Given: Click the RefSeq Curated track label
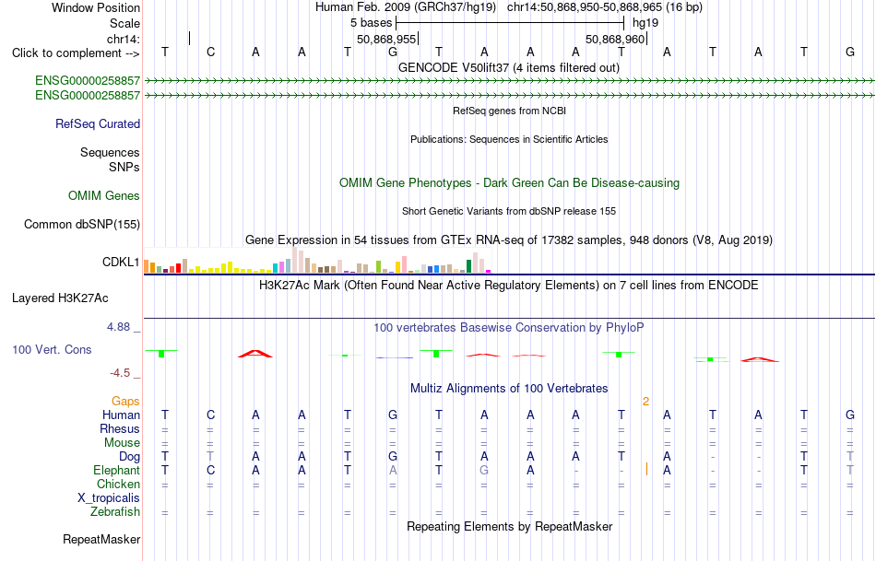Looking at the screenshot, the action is pyautogui.click(x=98, y=124).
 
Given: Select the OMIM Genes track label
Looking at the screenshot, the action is pyautogui.click(x=104, y=195).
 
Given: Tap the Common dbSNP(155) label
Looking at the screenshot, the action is pyautogui.click(x=82, y=225).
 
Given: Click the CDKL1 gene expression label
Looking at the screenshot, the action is pyautogui.click(x=121, y=262).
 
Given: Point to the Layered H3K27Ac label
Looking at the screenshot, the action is pyautogui.click(x=60, y=298).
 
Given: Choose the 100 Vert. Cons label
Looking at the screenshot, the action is pyautogui.click(x=52, y=349).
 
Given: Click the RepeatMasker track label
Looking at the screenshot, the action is pyautogui.click(x=101, y=539).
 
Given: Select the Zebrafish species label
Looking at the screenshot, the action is pyautogui.click(x=115, y=512).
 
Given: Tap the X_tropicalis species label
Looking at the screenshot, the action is pyautogui.click(x=109, y=498).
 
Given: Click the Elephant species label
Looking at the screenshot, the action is pyautogui.click(x=116, y=471).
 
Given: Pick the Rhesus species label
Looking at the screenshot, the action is pyautogui.click(x=120, y=428).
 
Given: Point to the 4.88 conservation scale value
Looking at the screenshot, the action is pyautogui.click(x=118, y=327).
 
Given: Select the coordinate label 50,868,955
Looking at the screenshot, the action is pyautogui.click(x=386, y=39).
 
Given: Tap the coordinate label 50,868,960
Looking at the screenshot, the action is pyautogui.click(x=615, y=39).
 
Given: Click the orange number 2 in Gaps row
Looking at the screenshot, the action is pyautogui.click(x=645, y=402).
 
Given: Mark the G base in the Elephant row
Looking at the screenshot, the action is pyautogui.click(x=484, y=471).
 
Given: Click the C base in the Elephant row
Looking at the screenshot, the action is pyautogui.click(x=210, y=471).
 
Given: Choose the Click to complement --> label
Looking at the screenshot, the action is pyautogui.click(x=76, y=53).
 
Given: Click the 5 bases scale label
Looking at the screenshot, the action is pyautogui.click(x=371, y=23).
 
